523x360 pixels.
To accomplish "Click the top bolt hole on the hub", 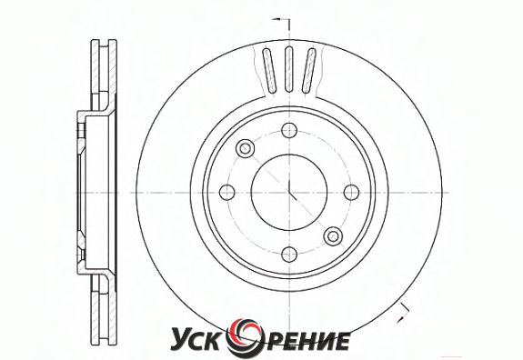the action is click(x=289, y=130).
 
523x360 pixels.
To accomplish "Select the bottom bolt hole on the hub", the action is click(x=289, y=255).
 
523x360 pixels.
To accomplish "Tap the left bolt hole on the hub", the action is click(x=227, y=193).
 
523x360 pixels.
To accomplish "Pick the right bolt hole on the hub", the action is click(x=351, y=193).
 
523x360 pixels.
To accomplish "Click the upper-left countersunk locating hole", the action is click(x=246, y=148).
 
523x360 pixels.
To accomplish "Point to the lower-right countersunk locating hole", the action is click(x=333, y=236).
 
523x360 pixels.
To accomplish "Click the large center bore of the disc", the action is click(x=289, y=193).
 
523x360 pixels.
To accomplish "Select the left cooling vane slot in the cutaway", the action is click(x=269, y=70).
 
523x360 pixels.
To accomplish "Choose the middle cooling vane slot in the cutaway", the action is click(x=289, y=69).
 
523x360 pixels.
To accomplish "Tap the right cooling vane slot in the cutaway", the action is click(x=309, y=70).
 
